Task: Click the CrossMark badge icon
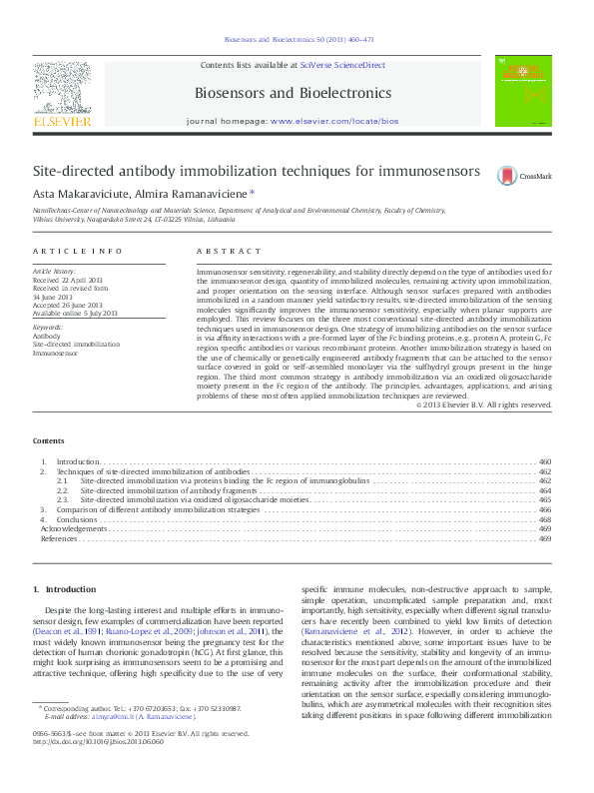click(508, 175)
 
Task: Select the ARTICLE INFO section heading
click(78, 251)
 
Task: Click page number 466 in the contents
click(544, 509)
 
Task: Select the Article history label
click(55, 271)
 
